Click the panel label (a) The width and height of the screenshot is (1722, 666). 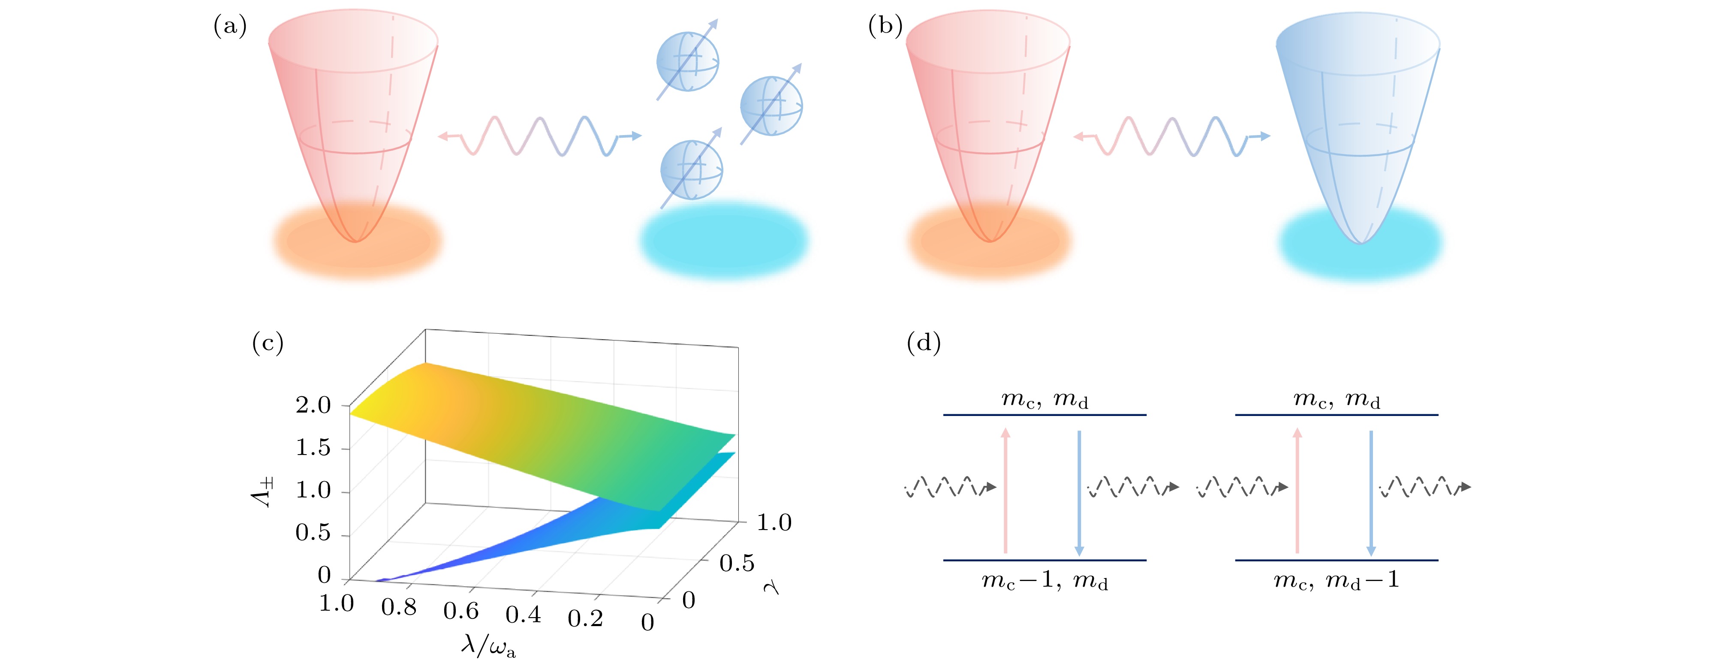coord(230,26)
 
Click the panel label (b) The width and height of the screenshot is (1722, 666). coord(885,26)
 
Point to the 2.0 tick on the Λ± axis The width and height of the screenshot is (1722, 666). coord(313,405)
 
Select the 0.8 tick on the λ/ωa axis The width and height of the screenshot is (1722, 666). coord(399,607)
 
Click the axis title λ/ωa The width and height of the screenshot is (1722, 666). coord(488,645)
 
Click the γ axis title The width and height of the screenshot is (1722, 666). coord(772,587)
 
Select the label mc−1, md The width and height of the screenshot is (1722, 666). coord(1044,580)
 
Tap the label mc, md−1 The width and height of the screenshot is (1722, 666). coord(1336,580)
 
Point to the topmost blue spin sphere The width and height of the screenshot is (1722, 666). coord(687,61)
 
